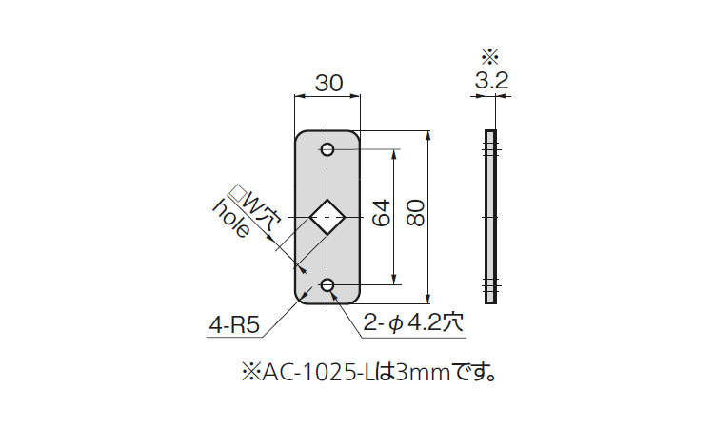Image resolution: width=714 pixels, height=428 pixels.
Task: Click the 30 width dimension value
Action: tap(328, 84)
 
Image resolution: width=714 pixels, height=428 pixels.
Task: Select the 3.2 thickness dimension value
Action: tap(491, 81)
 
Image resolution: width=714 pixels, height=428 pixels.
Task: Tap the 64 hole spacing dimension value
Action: tap(382, 213)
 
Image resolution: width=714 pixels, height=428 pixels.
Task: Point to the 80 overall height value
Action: tap(416, 213)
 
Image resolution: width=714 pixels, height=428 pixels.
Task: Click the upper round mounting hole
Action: tap(327, 149)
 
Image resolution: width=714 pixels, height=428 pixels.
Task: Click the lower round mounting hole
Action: tap(327, 285)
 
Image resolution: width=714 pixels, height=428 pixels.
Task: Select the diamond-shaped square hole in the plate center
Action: tap(327, 217)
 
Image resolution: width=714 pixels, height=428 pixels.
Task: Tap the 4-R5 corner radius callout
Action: tap(234, 325)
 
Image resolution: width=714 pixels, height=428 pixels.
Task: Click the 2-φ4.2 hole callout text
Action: tap(413, 323)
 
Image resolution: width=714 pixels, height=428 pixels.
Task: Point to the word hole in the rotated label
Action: tap(231, 219)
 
